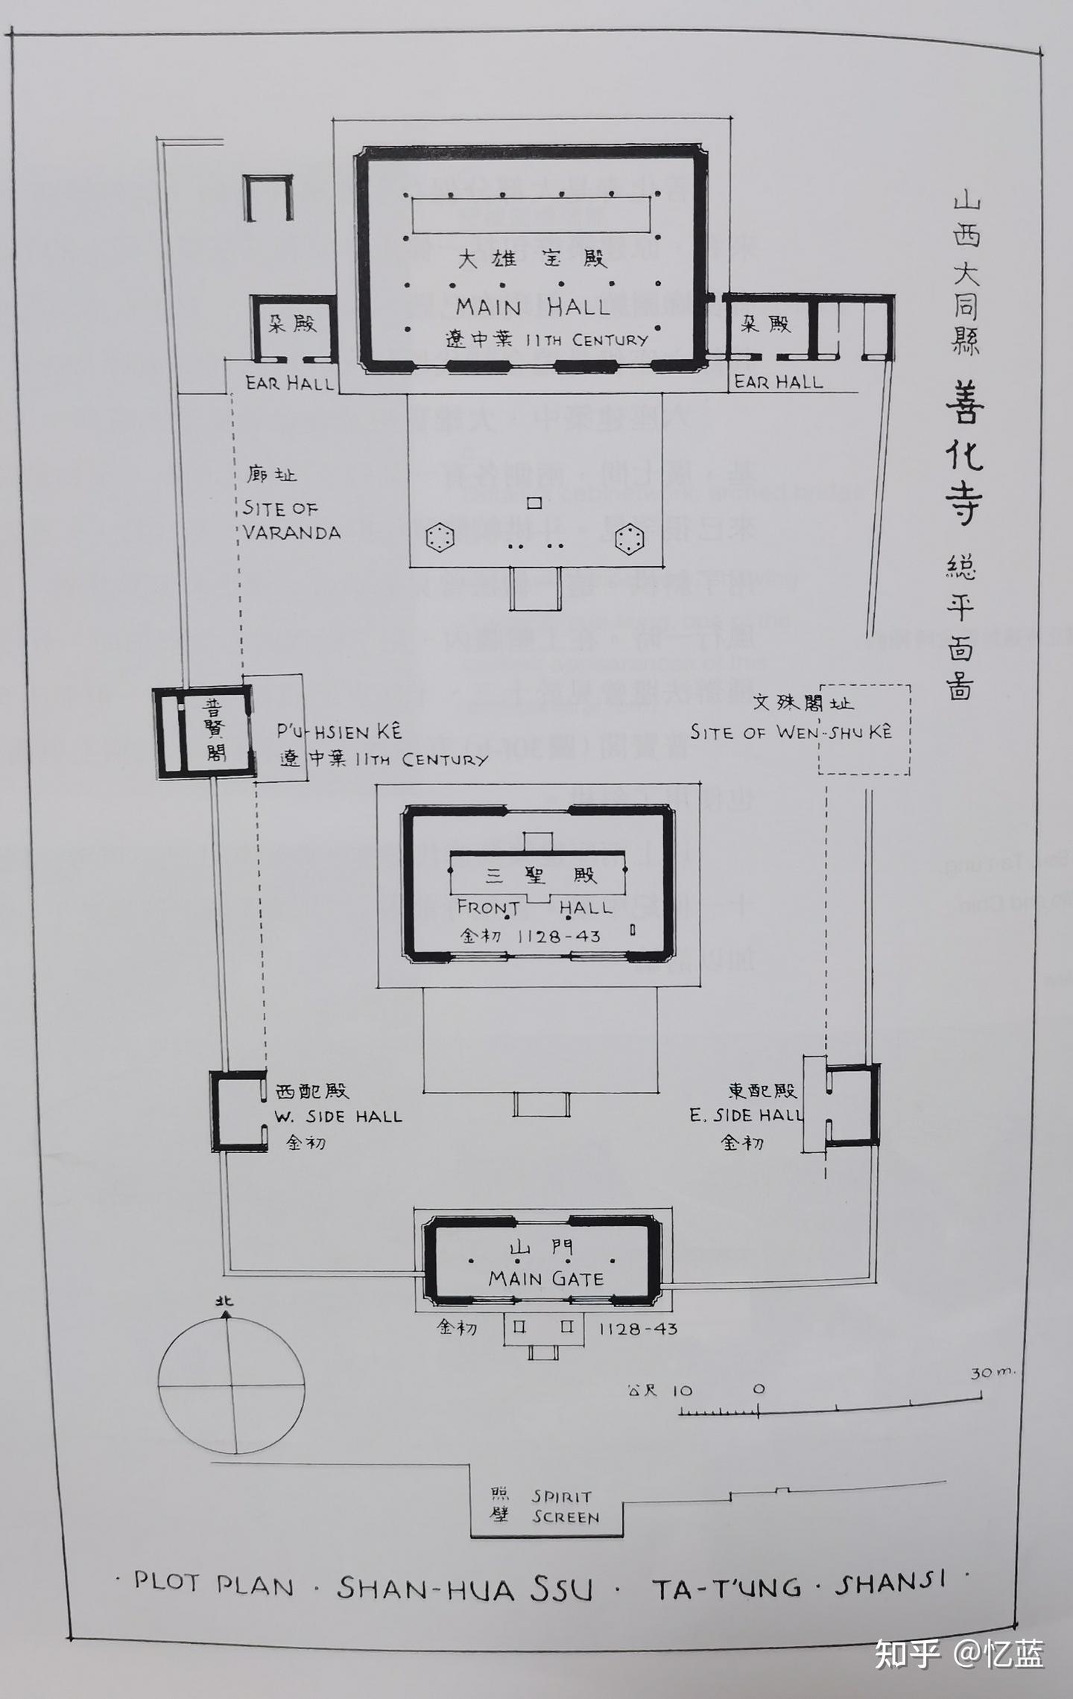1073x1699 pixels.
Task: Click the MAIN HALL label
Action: [x=533, y=306]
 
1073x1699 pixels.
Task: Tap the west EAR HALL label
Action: [x=290, y=383]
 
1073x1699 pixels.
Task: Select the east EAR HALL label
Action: [x=779, y=381]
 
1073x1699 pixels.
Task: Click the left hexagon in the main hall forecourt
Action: [x=440, y=538]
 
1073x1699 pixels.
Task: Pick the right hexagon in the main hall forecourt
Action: [x=630, y=539]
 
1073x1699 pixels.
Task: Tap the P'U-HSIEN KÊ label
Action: [x=340, y=731]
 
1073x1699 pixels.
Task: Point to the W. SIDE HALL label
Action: [x=338, y=1116]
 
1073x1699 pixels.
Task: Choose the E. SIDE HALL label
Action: [x=746, y=1115]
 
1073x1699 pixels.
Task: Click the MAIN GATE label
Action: [x=546, y=1278]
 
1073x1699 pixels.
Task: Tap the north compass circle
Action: [x=232, y=1384]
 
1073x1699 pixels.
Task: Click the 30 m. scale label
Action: [x=992, y=1373]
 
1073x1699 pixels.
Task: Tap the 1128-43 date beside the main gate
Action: [x=638, y=1328]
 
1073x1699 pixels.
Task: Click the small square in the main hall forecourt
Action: [x=534, y=503]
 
